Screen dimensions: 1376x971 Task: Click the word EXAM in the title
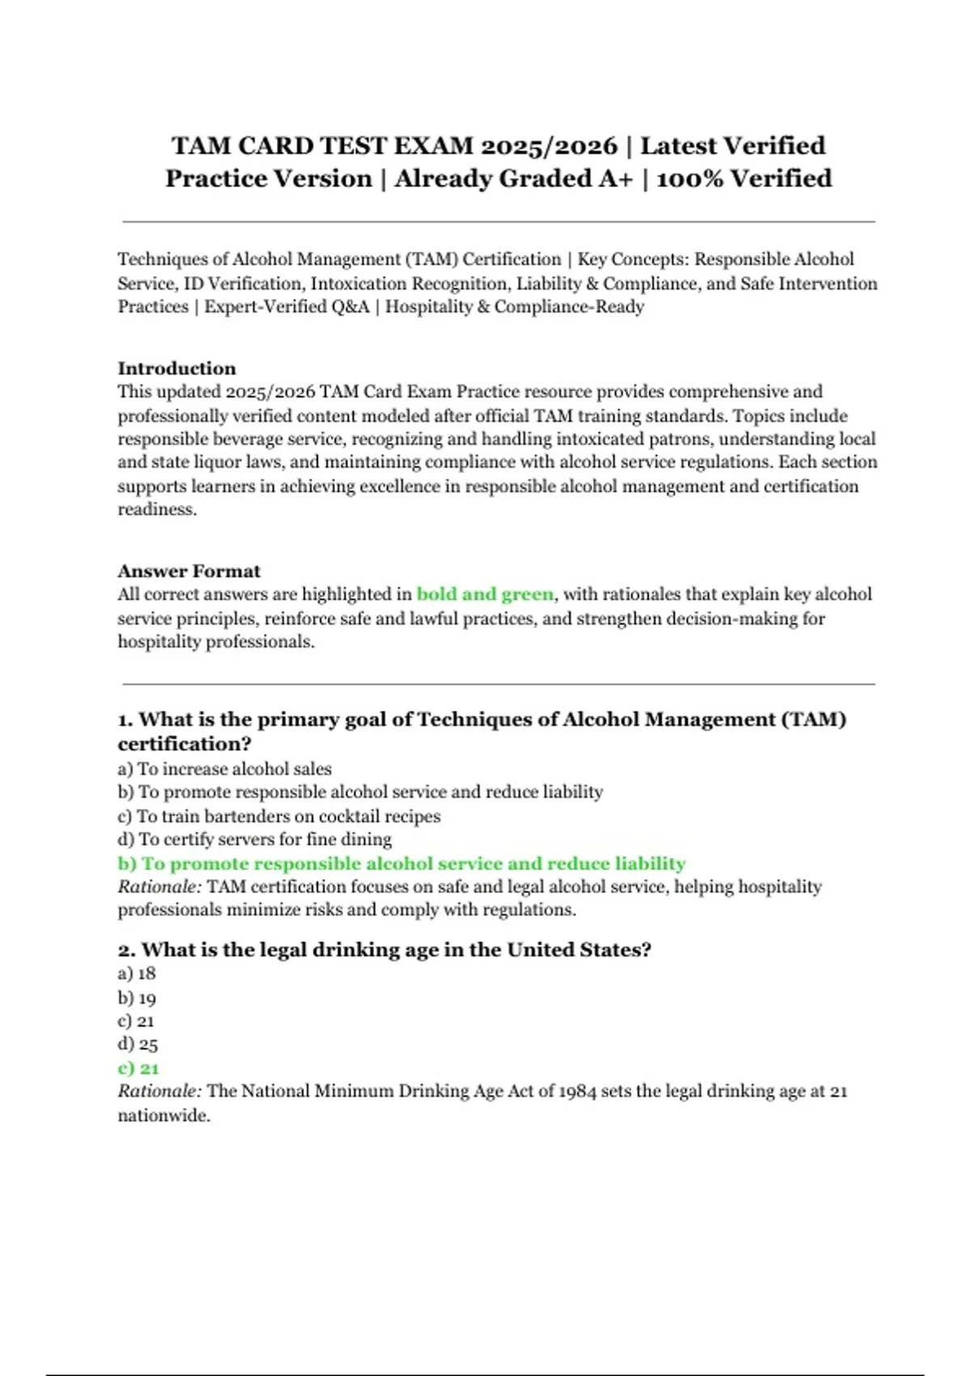point(433,146)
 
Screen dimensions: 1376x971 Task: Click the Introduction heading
point(176,368)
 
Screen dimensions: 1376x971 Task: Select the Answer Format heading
point(189,571)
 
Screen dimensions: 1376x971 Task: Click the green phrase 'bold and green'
point(485,594)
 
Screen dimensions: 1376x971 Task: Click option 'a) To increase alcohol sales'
point(224,769)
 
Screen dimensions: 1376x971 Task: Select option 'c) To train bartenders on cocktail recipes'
point(279,816)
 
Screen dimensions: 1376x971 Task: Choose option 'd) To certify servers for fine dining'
point(255,839)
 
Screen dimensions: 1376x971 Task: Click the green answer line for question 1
point(401,864)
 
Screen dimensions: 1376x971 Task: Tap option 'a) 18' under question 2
point(137,974)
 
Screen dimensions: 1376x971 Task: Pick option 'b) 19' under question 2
point(137,998)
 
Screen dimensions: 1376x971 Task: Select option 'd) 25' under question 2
point(138,1044)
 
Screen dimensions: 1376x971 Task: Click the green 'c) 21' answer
point(138,1068)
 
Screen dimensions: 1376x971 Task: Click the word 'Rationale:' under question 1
point(159,887)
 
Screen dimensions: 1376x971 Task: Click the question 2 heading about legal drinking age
point(384,949)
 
